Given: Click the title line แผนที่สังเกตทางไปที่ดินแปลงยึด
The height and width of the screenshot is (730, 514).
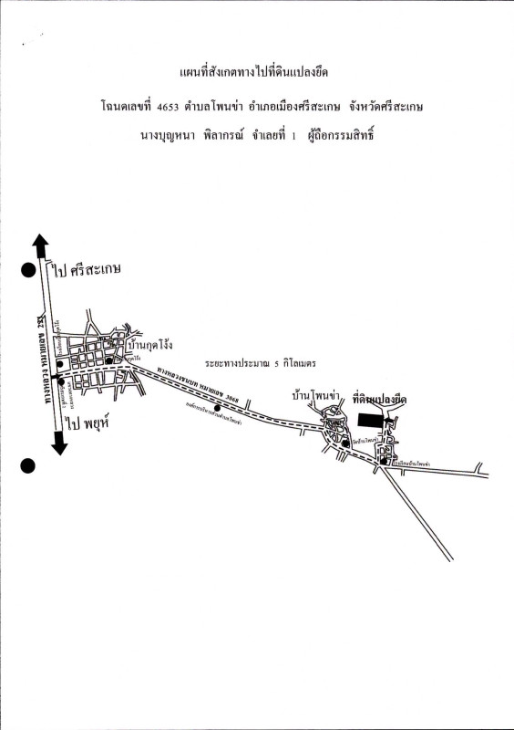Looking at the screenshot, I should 257,72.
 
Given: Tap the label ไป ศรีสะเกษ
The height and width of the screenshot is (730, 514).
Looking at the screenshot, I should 87,270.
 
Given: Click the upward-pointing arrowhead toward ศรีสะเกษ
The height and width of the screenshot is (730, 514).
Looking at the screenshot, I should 39,244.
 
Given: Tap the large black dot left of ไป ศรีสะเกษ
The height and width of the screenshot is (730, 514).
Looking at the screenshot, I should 28,270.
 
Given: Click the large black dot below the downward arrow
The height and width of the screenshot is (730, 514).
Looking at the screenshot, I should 28,466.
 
